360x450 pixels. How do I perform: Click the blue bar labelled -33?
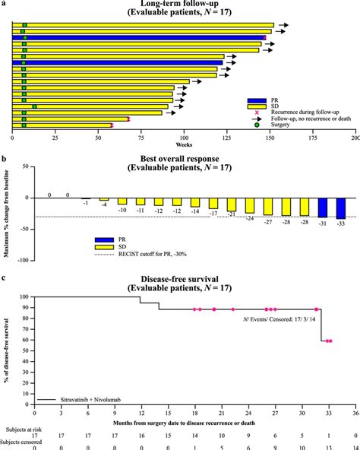tap(340, 208)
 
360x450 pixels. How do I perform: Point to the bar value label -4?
tap(104, 204)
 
